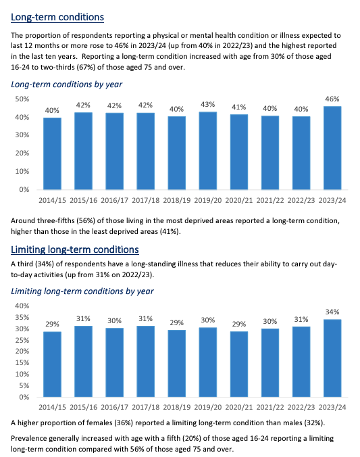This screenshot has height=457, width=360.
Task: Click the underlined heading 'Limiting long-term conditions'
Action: tap(75, 250)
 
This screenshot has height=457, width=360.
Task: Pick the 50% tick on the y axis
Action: tap(22, 99)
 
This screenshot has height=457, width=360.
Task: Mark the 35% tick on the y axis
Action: tap(22, 318)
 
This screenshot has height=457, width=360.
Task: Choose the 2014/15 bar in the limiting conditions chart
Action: tap(53, 364)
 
